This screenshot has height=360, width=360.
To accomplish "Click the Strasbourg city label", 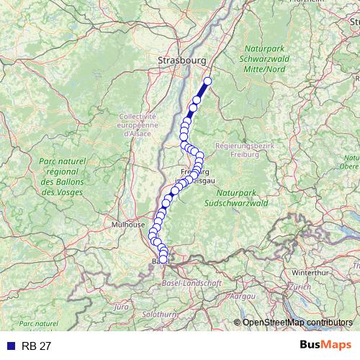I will [x=182, y=61].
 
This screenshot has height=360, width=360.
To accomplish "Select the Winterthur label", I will [x=310, y=273].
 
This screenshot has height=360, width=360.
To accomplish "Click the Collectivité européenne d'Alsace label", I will [x=138, y=125].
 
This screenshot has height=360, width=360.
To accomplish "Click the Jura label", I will [x=121, y=307].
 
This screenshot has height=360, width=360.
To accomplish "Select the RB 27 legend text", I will [x=37, y=346].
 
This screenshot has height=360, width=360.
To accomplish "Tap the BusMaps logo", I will [x=325, y=346].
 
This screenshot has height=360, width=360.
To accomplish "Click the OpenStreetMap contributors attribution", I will [x=297, y=322].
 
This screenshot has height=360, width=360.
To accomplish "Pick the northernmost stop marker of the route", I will [x=208, y=81].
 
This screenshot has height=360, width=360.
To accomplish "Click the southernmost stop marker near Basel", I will [x=163, y=259].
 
